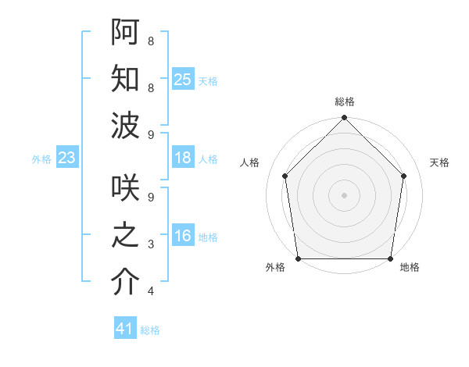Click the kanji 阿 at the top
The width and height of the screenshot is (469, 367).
125,32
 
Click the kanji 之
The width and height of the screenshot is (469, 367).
125,235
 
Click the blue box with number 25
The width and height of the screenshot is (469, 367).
183,79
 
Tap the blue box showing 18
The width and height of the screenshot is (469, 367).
183,158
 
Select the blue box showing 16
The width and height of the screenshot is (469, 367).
183,236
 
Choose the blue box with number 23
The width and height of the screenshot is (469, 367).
67,158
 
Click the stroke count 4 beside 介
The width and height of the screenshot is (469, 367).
150,291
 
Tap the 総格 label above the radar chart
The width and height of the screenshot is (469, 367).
345,102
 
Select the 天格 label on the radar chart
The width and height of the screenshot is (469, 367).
439,162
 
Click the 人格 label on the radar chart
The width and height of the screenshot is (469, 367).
250,162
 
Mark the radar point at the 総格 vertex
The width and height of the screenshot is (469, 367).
344,119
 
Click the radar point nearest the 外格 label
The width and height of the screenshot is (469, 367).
298,258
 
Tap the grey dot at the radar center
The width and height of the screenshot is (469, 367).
344,195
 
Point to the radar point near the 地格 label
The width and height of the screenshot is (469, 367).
391,258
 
